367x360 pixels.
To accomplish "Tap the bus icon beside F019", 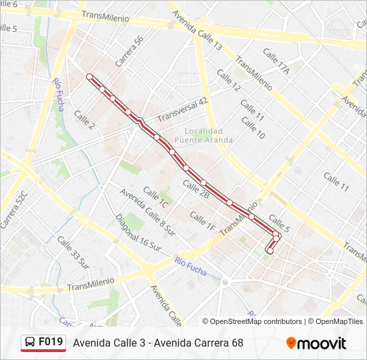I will pyautogui.click(x=31, y=343).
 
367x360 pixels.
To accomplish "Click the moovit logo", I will pyautogui.click(x=316, y=343).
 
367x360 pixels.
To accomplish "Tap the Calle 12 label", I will pyautogui.click(x=228, y=83).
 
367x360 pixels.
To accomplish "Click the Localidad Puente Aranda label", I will pyautogui.click(x=204, y=135).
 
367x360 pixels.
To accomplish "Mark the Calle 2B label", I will pyautogui.click(x=196, y=190).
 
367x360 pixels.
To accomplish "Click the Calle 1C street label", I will pyautogui.click(x=155, y=197).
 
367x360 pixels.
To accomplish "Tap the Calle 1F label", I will pyautogui.click(x=202, y=222).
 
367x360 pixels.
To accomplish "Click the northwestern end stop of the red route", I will pyautogui.click(x=89, y=77).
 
